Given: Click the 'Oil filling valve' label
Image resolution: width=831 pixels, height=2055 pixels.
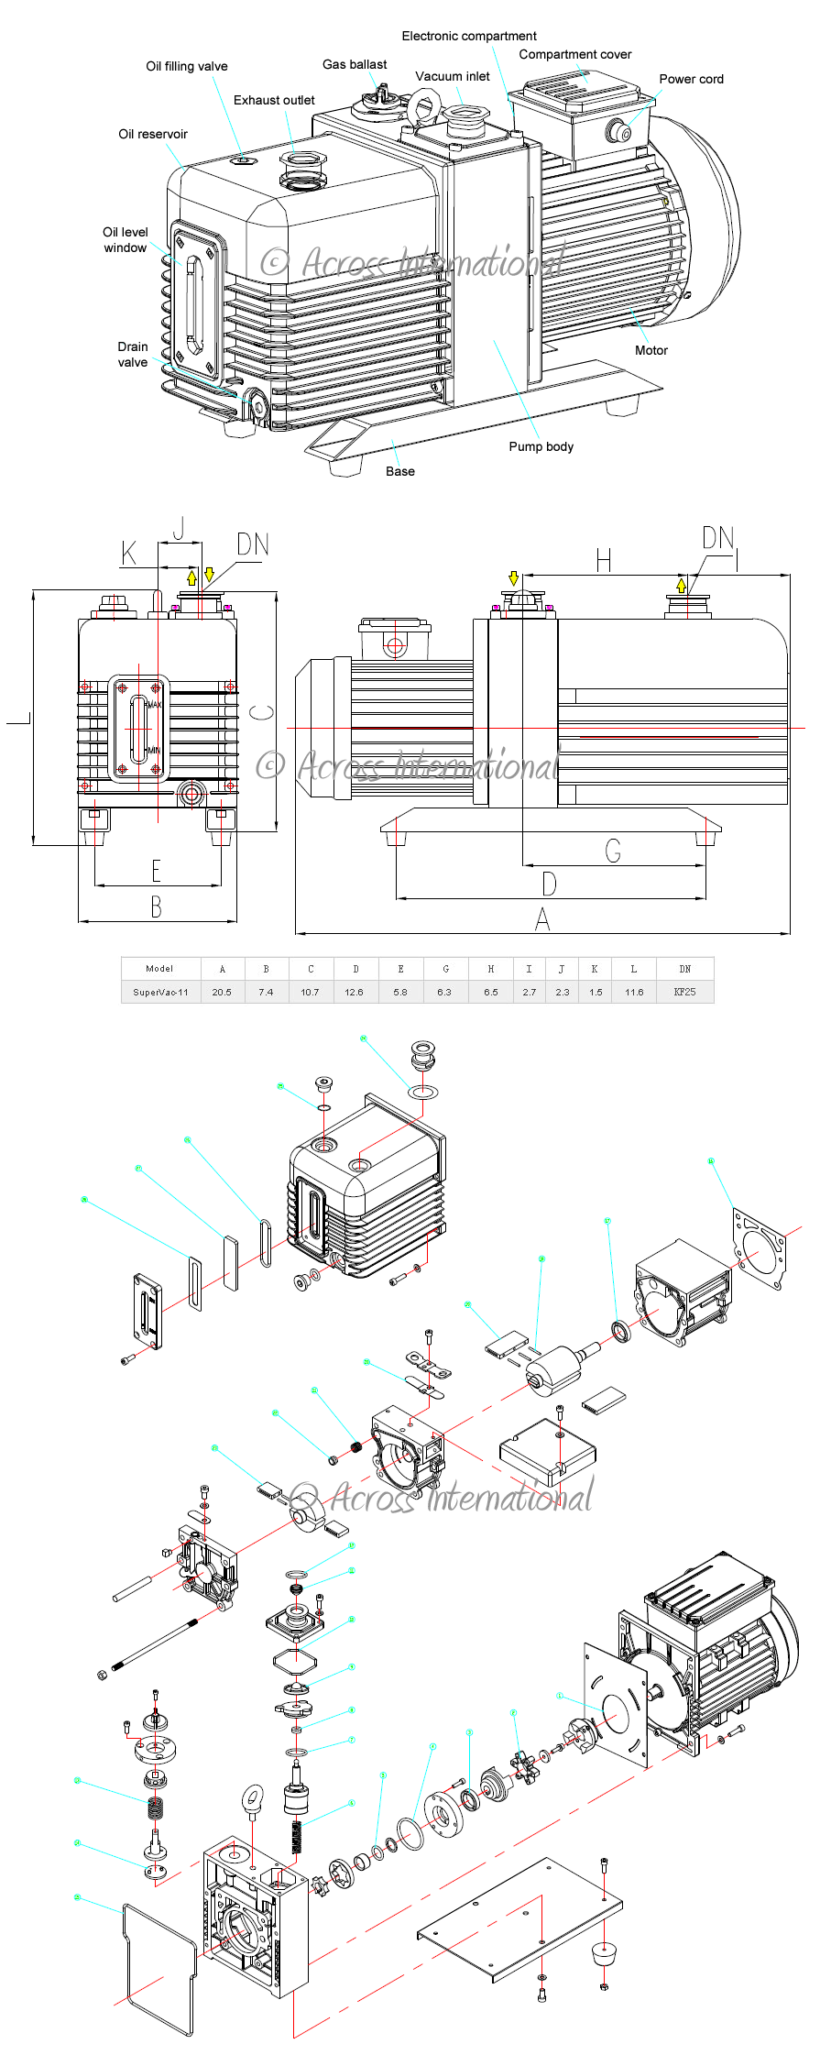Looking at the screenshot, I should [x=187, y=66].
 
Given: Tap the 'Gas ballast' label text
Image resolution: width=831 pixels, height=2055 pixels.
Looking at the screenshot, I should [x=355, y=64].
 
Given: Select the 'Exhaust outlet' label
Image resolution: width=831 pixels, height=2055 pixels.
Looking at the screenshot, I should [x=274, y=100].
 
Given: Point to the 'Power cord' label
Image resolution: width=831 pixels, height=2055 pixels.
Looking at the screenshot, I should [x=691, y=79].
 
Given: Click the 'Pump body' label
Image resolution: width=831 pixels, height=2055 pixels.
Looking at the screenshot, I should [x=541, y=446].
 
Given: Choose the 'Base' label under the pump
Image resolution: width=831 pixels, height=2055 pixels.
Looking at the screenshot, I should [x=399, y=471].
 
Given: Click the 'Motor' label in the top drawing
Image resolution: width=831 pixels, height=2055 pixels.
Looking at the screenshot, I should [x=651, y=350].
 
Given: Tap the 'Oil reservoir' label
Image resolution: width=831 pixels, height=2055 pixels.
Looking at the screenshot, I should [x=153, y=134].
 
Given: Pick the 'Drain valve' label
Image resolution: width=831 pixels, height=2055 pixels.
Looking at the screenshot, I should [x=133, y=354].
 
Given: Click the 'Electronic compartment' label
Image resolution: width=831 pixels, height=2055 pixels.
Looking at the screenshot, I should [x=469, y=36].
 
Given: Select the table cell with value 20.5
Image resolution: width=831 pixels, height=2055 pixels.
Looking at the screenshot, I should [x=222, y=992].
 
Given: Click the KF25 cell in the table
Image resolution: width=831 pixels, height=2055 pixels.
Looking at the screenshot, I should [x=684, y=992].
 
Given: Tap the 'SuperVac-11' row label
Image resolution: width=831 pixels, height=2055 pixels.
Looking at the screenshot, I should [x=160, y=992].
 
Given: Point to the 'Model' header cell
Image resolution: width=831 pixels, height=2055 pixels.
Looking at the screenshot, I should [x=159, y=968].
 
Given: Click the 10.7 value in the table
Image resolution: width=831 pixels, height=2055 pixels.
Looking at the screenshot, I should [x=311, y=992].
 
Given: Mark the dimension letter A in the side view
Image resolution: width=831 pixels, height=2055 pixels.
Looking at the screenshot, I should [x=542, y=918].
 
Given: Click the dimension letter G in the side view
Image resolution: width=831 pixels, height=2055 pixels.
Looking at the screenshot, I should [x=613, y=852].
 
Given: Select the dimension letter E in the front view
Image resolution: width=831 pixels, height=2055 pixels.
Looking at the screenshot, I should [x=157, y=871].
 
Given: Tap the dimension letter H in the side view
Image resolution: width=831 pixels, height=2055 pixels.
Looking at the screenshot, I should [x=603, y=560].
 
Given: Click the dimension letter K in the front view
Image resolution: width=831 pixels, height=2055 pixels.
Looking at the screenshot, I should [x=129, y=553].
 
